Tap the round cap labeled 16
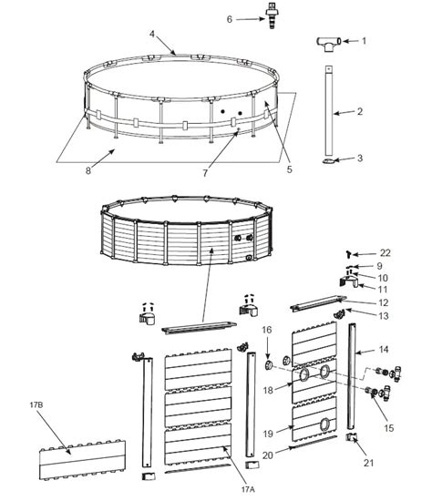269,363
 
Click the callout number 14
385,349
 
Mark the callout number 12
385,302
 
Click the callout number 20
269,455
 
